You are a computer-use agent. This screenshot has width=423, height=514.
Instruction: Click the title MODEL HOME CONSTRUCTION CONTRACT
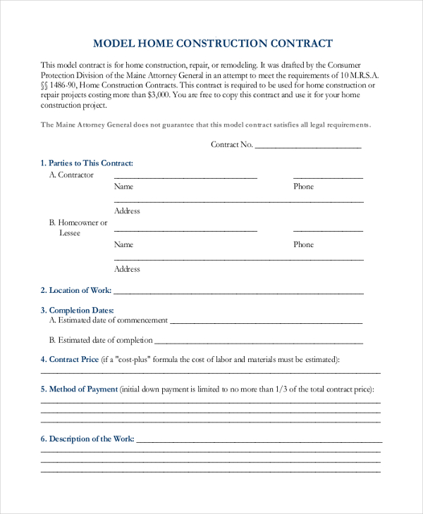[x=213, y=43]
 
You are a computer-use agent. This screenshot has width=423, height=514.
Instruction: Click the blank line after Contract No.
[x=308, y=147]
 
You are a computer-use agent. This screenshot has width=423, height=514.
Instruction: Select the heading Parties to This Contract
[x=87, y=163]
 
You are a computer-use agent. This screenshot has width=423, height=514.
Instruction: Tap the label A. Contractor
[x=71, y=175]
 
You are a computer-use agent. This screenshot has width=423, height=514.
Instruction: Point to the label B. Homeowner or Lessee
[x=78, y=227]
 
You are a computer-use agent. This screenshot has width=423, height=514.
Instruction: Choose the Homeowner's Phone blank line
[x=328, y=230]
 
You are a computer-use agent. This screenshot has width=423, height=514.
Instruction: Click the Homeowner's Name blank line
[x=185, y=230]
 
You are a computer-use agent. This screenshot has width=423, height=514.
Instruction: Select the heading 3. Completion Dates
[x=77, y=310]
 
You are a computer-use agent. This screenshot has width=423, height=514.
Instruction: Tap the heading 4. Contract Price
[x=70, y=359]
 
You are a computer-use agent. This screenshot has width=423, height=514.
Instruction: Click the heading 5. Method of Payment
[x=79, y=389]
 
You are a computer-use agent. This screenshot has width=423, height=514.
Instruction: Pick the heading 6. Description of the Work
[x=87, y=439]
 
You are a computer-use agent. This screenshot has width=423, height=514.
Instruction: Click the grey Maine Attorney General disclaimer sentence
[x=205, y=125]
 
